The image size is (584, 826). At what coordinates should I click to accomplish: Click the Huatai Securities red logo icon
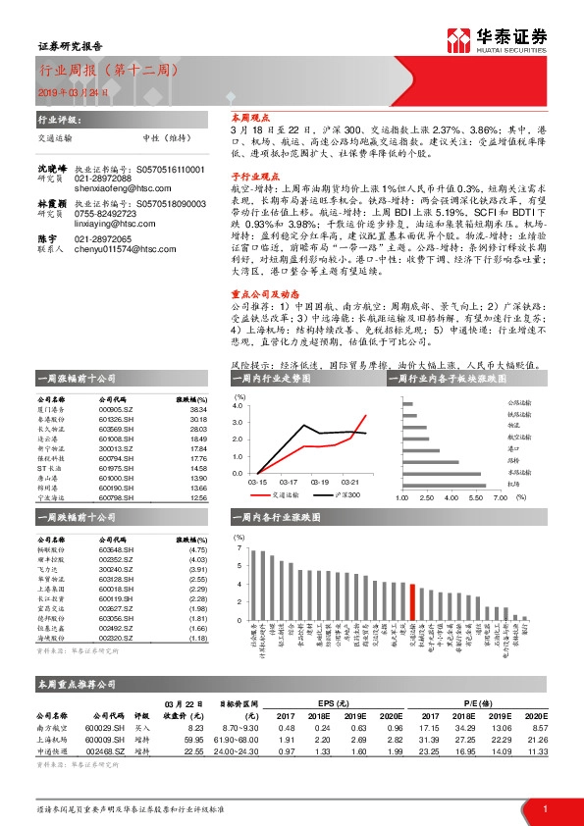pos(458,38)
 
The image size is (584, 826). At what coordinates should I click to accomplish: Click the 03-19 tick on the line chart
pos(319,483)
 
